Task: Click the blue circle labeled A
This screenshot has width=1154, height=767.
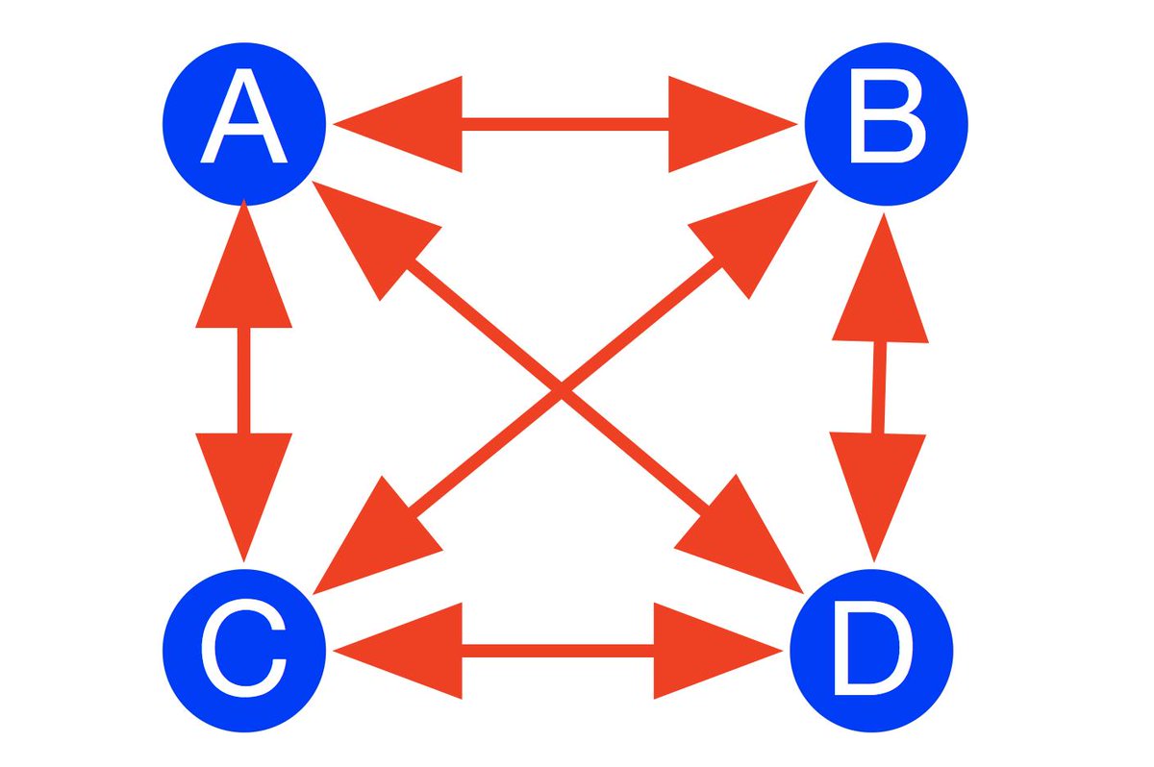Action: [x=243, y=123]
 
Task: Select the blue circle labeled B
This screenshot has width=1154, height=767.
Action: [x=886, y=123]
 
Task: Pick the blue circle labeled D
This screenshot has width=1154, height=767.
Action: [x=871, y=650]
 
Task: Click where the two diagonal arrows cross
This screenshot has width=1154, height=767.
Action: [x=560, y=388]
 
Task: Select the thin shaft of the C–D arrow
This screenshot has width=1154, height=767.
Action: [x=558, y=650]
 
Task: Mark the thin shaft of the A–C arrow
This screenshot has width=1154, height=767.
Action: [x=244, y=380]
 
